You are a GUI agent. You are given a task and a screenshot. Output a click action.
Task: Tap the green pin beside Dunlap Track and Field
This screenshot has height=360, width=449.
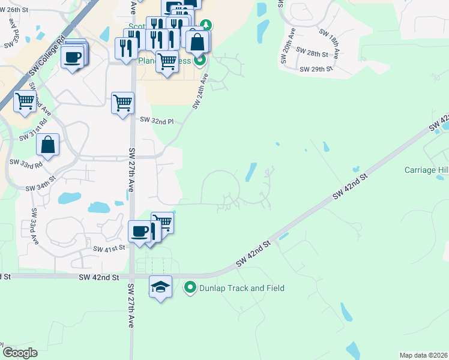click(x=191, y=288)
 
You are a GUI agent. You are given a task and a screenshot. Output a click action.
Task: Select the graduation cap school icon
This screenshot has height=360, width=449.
click(x=160, y=287)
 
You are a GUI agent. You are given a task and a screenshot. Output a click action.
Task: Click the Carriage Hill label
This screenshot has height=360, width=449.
click(x=426, y=170)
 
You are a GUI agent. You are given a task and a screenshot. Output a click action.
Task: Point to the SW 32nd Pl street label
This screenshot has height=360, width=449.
click(x=157, y=121)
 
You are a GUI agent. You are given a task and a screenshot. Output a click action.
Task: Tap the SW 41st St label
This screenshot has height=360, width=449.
click(x=109, y=247)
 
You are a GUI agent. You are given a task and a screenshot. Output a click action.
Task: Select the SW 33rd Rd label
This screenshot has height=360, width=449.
click(x=26, y=163)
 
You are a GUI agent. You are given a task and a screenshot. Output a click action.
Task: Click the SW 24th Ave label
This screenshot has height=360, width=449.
click(x=200, y=91)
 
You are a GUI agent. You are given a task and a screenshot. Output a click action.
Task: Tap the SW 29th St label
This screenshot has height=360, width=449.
click(x=317, y=68)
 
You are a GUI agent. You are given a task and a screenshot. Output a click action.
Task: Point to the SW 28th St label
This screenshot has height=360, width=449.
click(x=313, y=52)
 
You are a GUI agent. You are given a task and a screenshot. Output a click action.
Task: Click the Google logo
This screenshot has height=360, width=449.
click(x=20, y=353)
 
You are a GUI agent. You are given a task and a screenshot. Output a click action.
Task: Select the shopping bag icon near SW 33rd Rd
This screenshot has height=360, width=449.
click(x=48, y=146)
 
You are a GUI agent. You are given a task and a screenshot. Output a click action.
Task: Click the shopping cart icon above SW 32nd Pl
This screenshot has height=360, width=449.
click(x=122, y=103)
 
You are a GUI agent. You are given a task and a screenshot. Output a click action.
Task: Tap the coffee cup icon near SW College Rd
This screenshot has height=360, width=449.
click(x=73, y=58)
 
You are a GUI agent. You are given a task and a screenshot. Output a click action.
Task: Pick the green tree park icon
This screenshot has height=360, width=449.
click(x=206, y=25)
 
